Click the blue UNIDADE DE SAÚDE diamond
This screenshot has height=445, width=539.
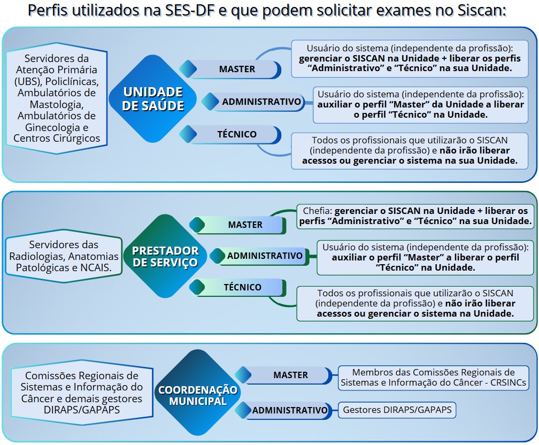click(x=153, y=99)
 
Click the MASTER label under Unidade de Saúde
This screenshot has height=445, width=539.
click(x=237, y=69)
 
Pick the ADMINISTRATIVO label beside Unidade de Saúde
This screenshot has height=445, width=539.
click(x=261, y=102)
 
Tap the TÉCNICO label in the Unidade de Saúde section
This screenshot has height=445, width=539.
click(x=236, y=134)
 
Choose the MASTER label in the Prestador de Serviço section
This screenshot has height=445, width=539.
click(x=245, y=225)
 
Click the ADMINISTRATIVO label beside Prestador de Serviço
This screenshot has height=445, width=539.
click(x=265, y=256)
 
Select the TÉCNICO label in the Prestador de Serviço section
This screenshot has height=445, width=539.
click(x=242, y=287)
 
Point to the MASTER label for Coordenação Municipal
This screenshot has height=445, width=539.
click(x=290, y=375)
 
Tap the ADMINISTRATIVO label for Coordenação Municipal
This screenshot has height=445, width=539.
click(x=289, y=410)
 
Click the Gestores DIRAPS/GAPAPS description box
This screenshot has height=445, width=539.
click(x=397, y=410)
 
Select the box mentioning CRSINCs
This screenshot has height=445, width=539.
click(x=433, y=378)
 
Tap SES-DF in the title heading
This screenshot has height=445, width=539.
click(x=194, y=11)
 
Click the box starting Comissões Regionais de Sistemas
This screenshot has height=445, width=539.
click(x=81, y=392)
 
